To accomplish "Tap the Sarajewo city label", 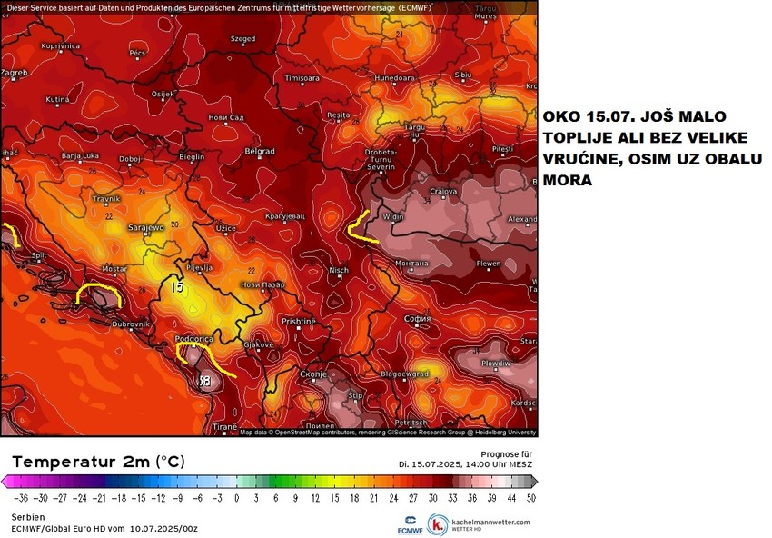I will (145, 228).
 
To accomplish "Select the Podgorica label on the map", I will (193, 338).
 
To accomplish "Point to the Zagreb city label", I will (14, 72).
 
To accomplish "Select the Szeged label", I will (242, 39).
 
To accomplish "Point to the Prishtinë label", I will (298, 322).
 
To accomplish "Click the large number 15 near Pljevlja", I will (177, 287).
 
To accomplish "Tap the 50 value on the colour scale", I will (530, 498).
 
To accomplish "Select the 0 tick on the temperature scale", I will (236, 498).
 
